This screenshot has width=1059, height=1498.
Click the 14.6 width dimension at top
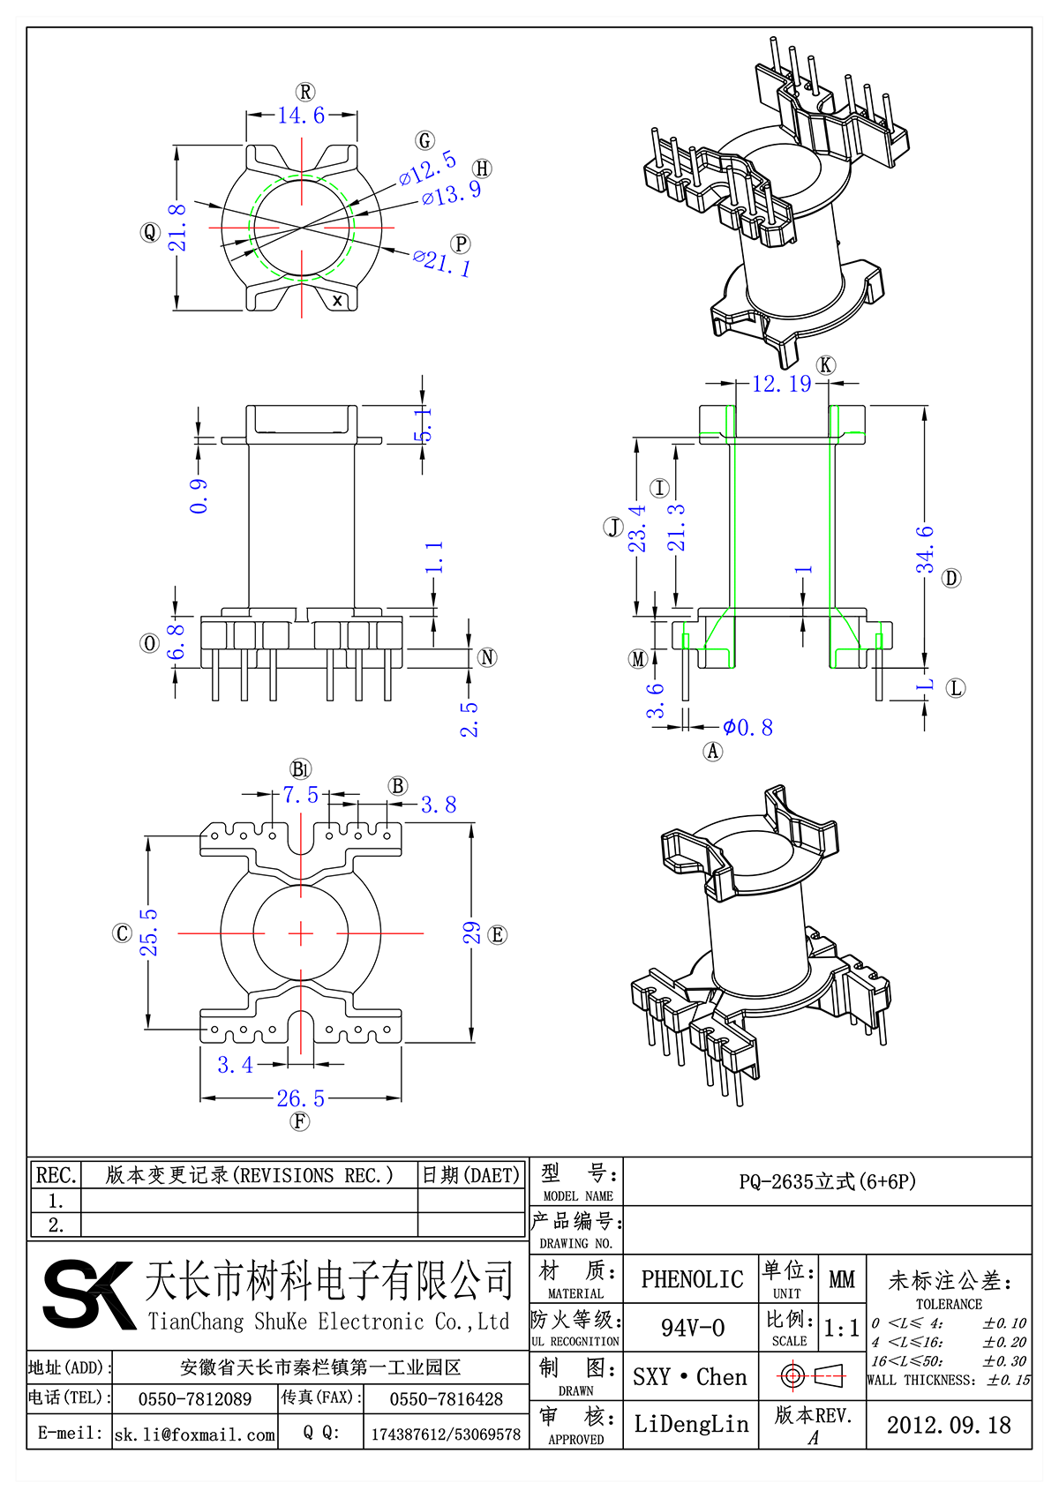point(301,116)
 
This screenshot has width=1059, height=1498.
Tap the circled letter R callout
point(305,93)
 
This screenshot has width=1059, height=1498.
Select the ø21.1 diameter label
point(442,262)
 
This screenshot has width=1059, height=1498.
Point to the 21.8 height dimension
point(177,228)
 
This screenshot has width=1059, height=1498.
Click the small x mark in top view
point(337,301)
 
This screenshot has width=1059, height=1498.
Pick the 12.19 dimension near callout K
point(781,384)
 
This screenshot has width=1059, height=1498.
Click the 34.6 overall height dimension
point(924,550)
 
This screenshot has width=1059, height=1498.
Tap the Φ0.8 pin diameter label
point(747,728)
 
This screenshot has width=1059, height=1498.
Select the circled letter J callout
point(613,528)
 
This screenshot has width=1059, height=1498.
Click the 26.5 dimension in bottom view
point(301,1099)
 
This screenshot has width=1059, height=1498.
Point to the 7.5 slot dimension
point(300,795)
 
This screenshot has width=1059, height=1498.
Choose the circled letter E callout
point(497,935)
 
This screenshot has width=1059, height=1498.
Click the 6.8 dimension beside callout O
point(177,642)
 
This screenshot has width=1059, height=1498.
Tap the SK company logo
point(88,1294)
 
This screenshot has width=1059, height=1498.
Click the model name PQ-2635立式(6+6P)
point(827,1181)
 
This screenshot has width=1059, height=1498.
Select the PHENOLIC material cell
point(692,1279)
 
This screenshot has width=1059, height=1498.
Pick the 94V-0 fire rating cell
point(692,1328)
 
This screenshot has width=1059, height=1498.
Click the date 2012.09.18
point(949,1425)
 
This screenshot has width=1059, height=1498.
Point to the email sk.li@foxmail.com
point(195,1434)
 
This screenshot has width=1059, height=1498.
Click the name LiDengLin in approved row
point(691,1424)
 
